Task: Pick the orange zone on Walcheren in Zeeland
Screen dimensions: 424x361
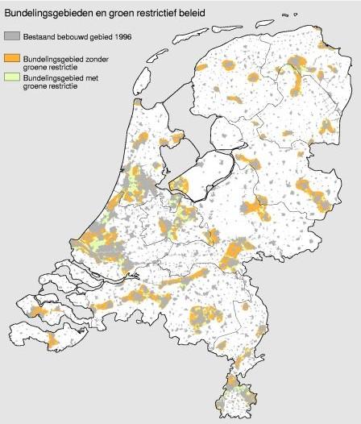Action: tap(35, 310)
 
